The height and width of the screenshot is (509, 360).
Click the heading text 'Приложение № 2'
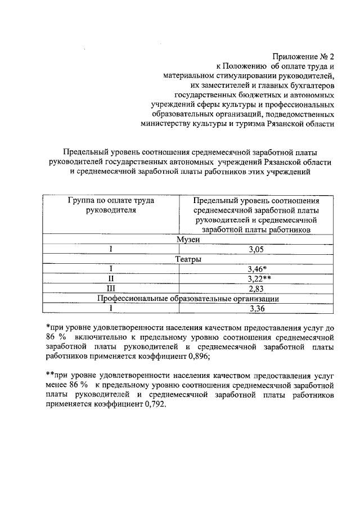[303, 56]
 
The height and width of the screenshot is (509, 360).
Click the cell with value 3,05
[256, 250]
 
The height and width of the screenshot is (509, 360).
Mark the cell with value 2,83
[256, 289]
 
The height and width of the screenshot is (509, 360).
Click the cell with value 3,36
[256, 308]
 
